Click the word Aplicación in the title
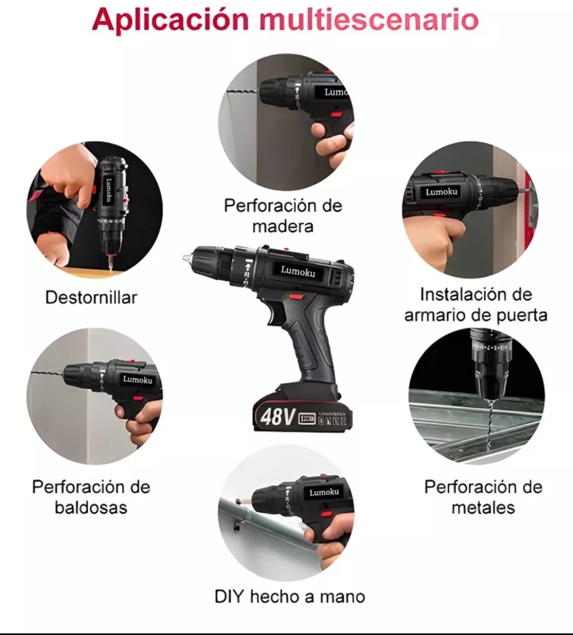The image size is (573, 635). (170, 19)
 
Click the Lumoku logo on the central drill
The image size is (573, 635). (297, 272)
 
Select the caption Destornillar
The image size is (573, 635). (91, 298)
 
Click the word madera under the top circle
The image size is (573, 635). (283, 226)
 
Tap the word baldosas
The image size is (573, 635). (91, 507)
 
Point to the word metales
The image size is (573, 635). (483, 507)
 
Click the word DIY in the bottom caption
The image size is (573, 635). (229, 596)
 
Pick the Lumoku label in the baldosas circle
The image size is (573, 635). (138, 379)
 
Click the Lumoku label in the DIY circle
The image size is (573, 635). (324, 492)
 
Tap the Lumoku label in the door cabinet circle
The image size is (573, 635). (441, 192)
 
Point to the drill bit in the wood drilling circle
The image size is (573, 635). (242, 94)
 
